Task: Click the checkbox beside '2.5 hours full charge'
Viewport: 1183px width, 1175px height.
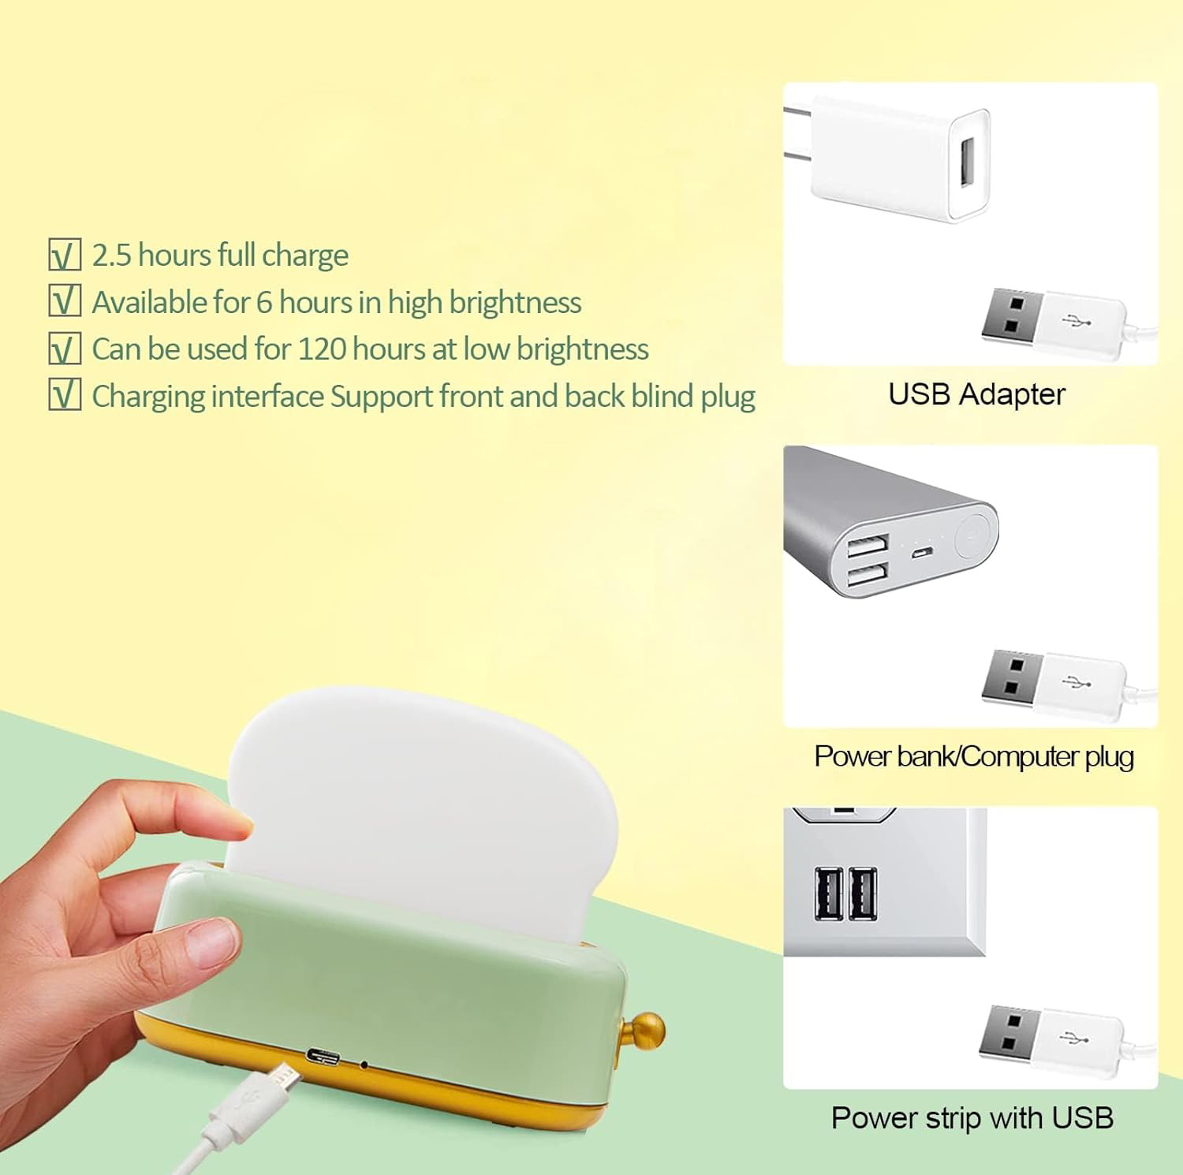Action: click(65, 256)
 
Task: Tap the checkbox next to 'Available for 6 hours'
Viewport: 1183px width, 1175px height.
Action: click(65, 302)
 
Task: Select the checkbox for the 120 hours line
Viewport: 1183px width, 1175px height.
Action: click(65, 349)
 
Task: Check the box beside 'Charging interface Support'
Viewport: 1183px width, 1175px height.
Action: click(65, 395)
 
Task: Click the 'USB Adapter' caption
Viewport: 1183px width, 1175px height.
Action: click(976, 394)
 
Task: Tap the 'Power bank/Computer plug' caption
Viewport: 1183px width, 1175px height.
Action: click(974, 756)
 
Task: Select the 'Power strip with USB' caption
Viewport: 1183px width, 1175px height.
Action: click(972, 1117)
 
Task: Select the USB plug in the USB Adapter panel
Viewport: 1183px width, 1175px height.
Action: click(1049, 324)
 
